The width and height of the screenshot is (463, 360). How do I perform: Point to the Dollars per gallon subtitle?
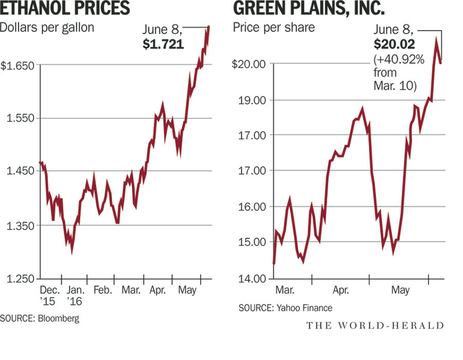coord(47,28)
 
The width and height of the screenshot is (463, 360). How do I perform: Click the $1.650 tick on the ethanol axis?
coord(17,65)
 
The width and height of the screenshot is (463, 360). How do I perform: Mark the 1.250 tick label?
coord(20,279)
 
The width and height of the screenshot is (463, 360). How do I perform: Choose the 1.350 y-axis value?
coord(20,226)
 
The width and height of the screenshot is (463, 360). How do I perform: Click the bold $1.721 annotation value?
coord(163,45)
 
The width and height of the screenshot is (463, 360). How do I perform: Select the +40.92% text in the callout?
coord(399,60)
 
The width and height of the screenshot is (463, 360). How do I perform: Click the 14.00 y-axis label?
coord(252,279)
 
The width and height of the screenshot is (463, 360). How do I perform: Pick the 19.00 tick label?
coord(252,100)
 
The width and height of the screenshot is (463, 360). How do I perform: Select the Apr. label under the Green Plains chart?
coord(341,291)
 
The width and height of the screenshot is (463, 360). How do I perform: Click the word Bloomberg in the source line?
coord(60,318)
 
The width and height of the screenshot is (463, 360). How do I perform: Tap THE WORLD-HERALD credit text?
coord(375,325)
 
